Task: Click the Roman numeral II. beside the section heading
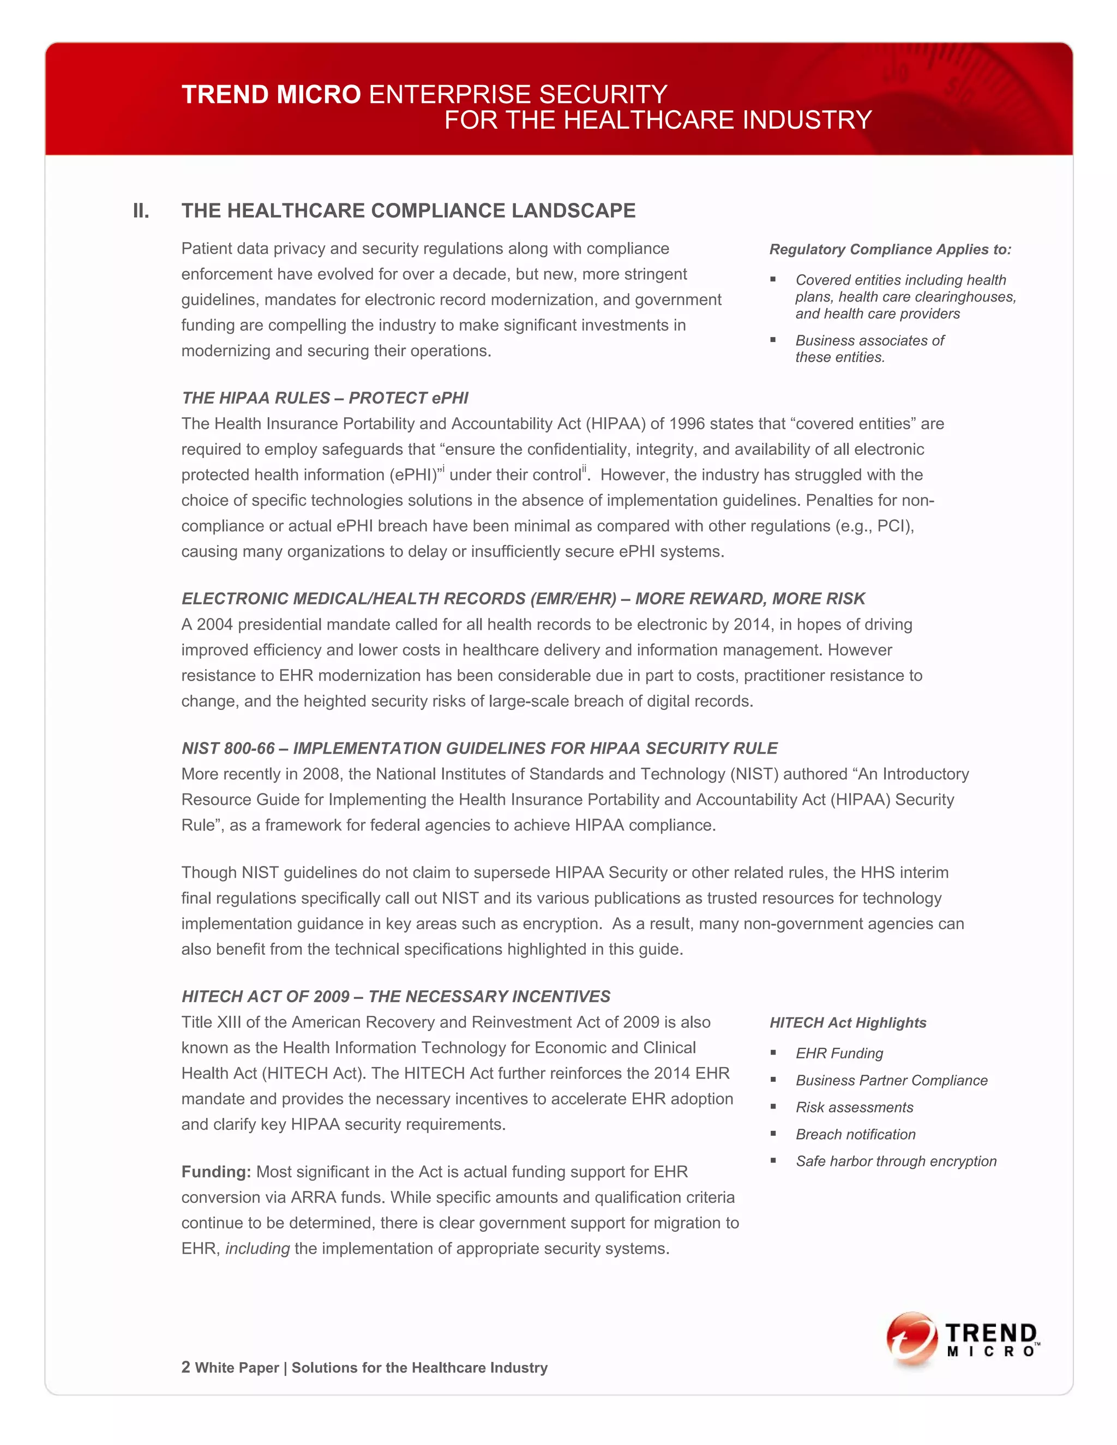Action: (x=141, y=211)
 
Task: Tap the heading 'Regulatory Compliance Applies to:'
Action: (x=890, y=249)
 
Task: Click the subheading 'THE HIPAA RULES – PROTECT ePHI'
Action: (x=325, y=398)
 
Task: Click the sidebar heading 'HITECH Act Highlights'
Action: (x=848, y=1023)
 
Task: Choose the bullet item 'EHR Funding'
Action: (x=839, y=1053)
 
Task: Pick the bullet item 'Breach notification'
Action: (x=856, y=1134)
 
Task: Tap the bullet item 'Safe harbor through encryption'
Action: (x=896, y=1161)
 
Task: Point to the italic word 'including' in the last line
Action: (x=257, y=1249)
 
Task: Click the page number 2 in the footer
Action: (x=186, y=1367)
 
